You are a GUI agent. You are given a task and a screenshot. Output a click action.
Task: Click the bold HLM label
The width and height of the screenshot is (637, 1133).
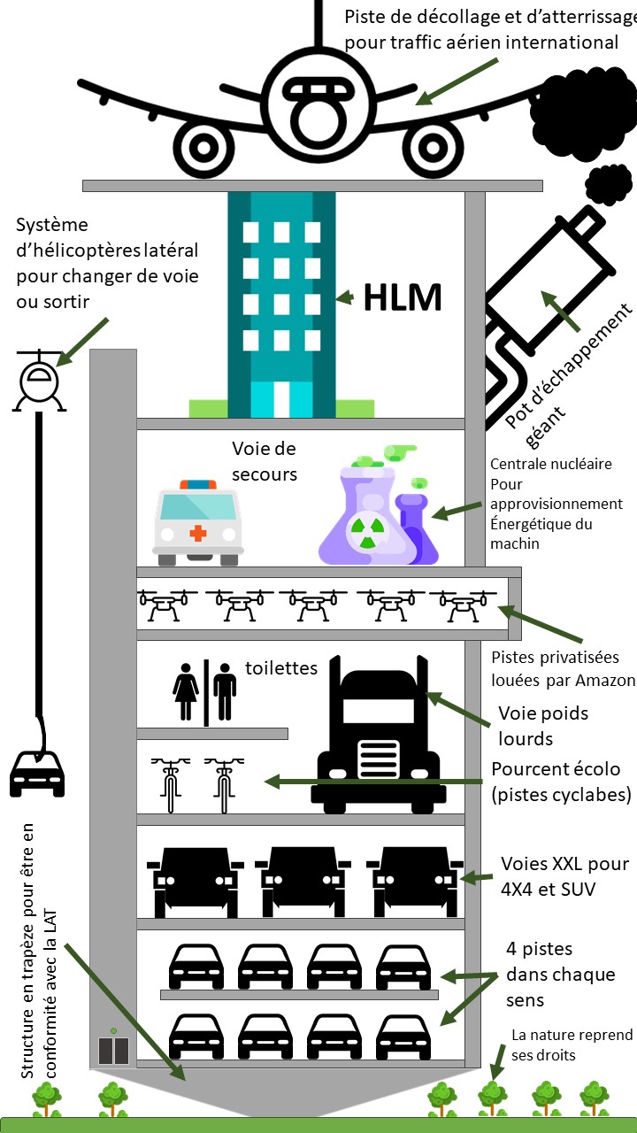tap(403, 298)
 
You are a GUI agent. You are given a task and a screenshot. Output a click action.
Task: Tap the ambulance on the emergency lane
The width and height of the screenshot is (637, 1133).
tap(197, 522)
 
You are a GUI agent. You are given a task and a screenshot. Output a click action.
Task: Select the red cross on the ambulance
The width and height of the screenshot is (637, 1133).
tap(197, 533)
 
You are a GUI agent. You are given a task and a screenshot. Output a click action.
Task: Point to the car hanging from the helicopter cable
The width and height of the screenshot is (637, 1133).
tap(36, 772)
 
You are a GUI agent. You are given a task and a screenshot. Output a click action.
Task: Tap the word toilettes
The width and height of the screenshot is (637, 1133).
tap(280, 668)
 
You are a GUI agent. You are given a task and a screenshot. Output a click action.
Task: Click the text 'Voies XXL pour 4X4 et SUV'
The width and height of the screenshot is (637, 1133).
tap(564, 876)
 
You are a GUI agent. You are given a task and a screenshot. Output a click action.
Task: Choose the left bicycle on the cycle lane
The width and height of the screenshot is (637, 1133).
tap(168, 783)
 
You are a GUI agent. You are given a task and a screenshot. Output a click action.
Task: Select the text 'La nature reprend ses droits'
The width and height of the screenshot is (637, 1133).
tap(572, 1044)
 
